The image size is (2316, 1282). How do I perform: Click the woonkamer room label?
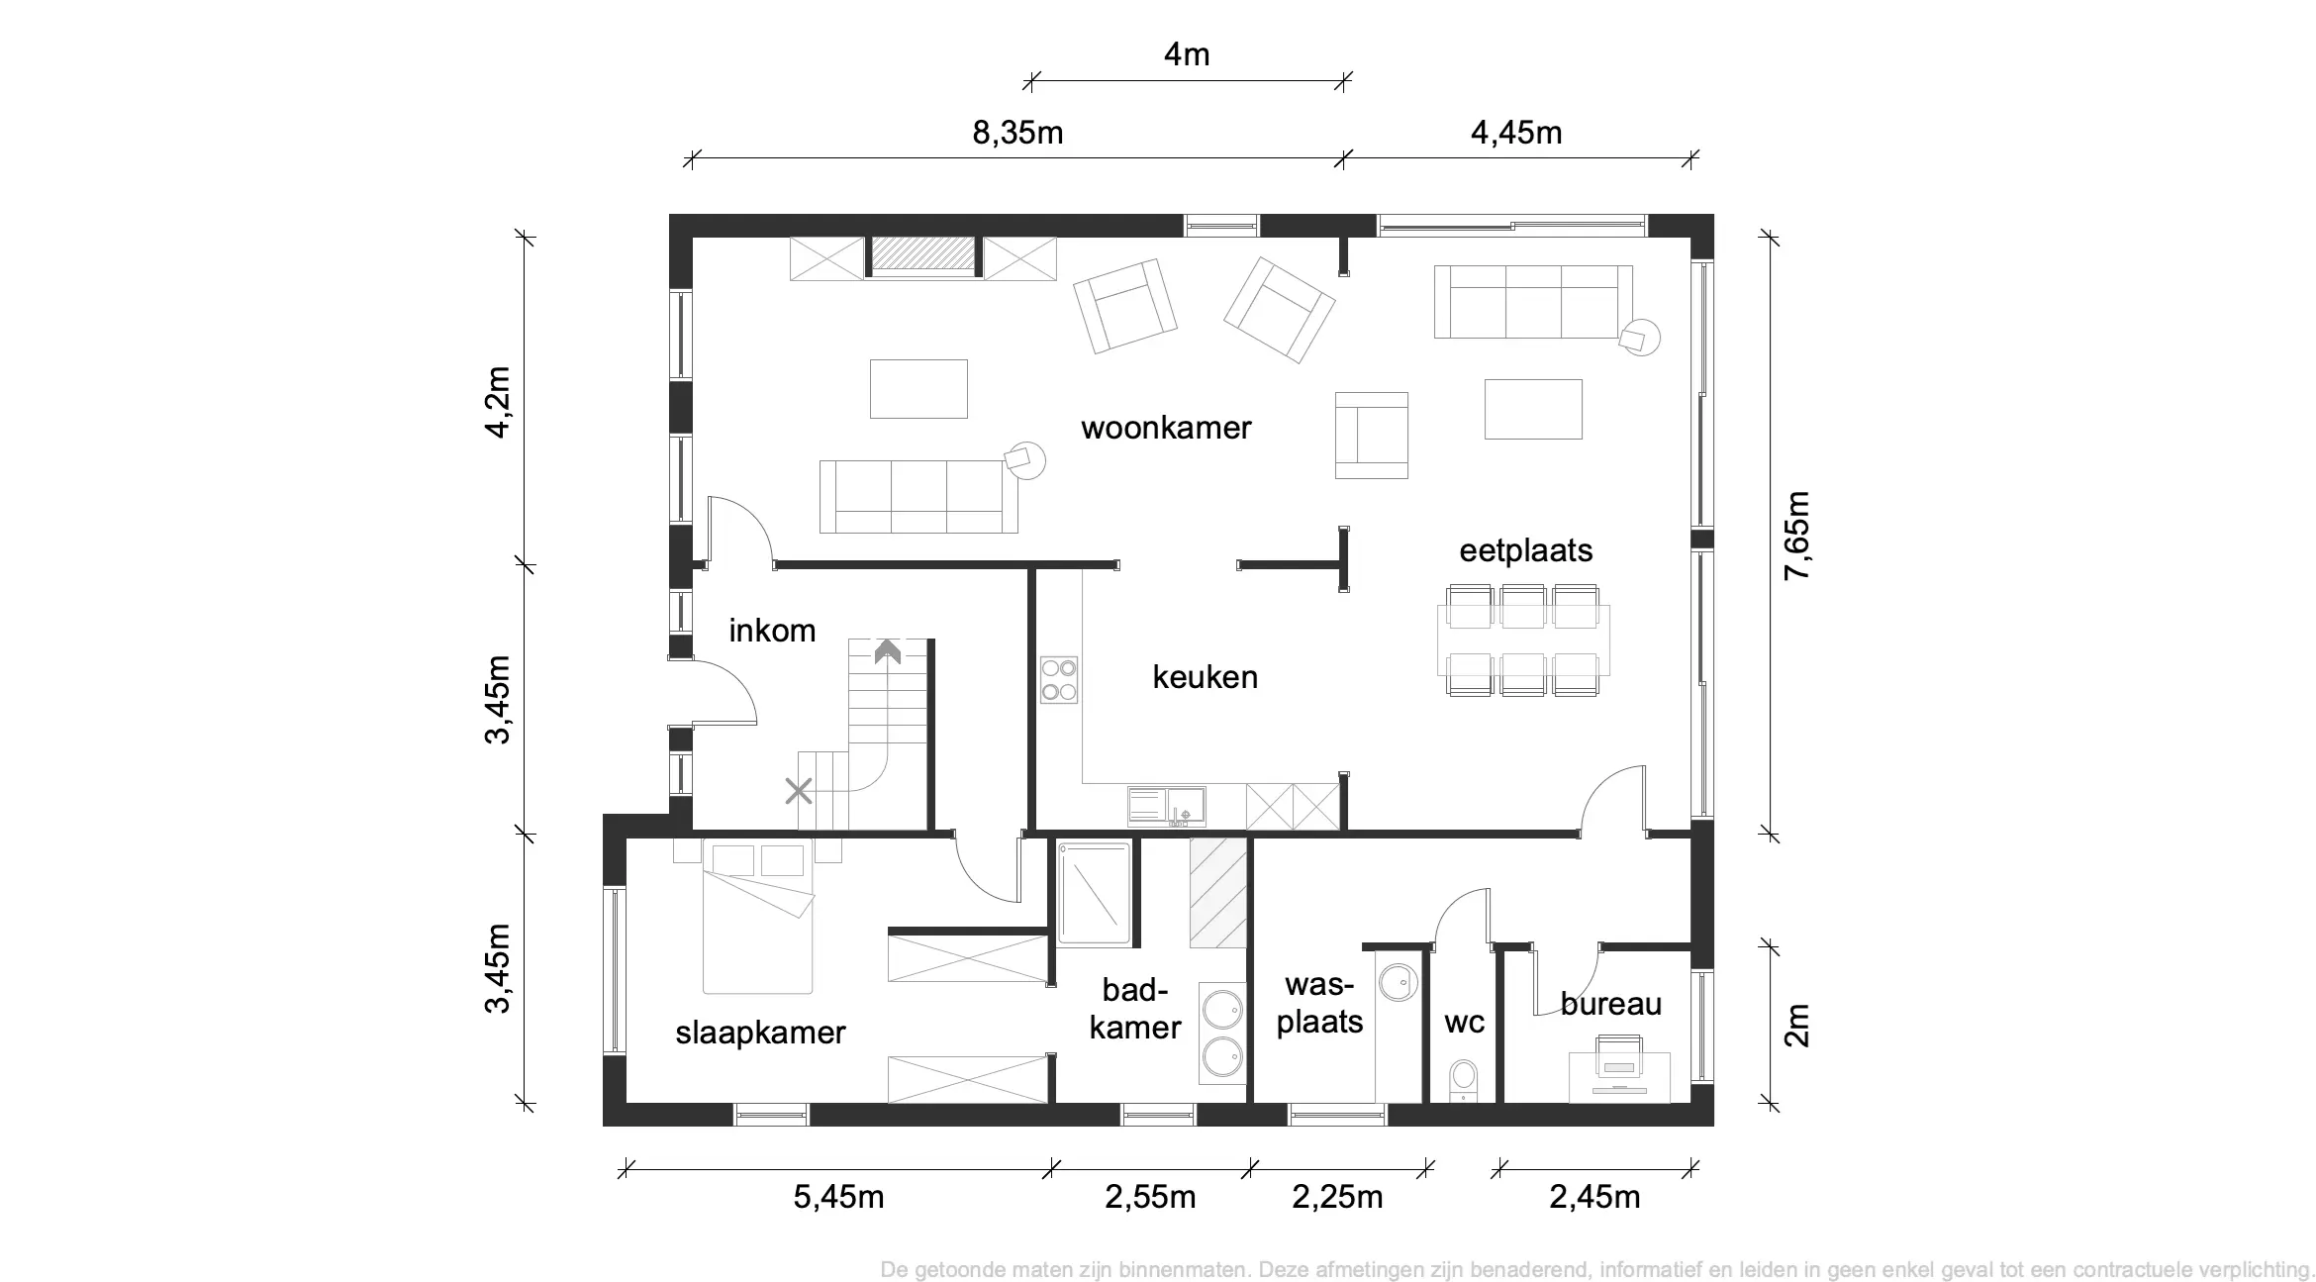(x=1166, y=428)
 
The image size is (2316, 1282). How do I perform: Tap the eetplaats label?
(x=1526, y=550)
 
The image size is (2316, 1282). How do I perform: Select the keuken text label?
(x=1206, y=677)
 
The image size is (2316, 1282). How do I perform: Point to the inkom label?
(x=772, y=631)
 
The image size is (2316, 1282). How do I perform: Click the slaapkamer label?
(x=760, y=1034)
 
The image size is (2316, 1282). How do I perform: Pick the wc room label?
(x=1465, y=1023)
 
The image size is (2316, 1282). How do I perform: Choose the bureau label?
(x=1611, y=1005)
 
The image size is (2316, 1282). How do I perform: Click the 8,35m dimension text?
(x=1017, y=132)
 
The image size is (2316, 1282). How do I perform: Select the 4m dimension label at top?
(x=1187, y=54)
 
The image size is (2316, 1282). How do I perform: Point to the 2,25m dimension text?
(x=1337, y=1197)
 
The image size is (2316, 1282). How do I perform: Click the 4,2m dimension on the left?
(x=497, y=402)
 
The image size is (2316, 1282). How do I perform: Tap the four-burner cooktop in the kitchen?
(x=1058, y=680)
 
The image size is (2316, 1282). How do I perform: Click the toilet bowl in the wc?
(x=1463, y=1081)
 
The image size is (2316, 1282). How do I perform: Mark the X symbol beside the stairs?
(x=799, y=791)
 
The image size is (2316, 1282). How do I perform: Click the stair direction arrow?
(x=887, y=650)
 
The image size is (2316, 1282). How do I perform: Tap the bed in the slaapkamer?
(x=757, y=916)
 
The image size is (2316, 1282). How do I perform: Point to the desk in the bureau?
(x=1619, y=1077)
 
